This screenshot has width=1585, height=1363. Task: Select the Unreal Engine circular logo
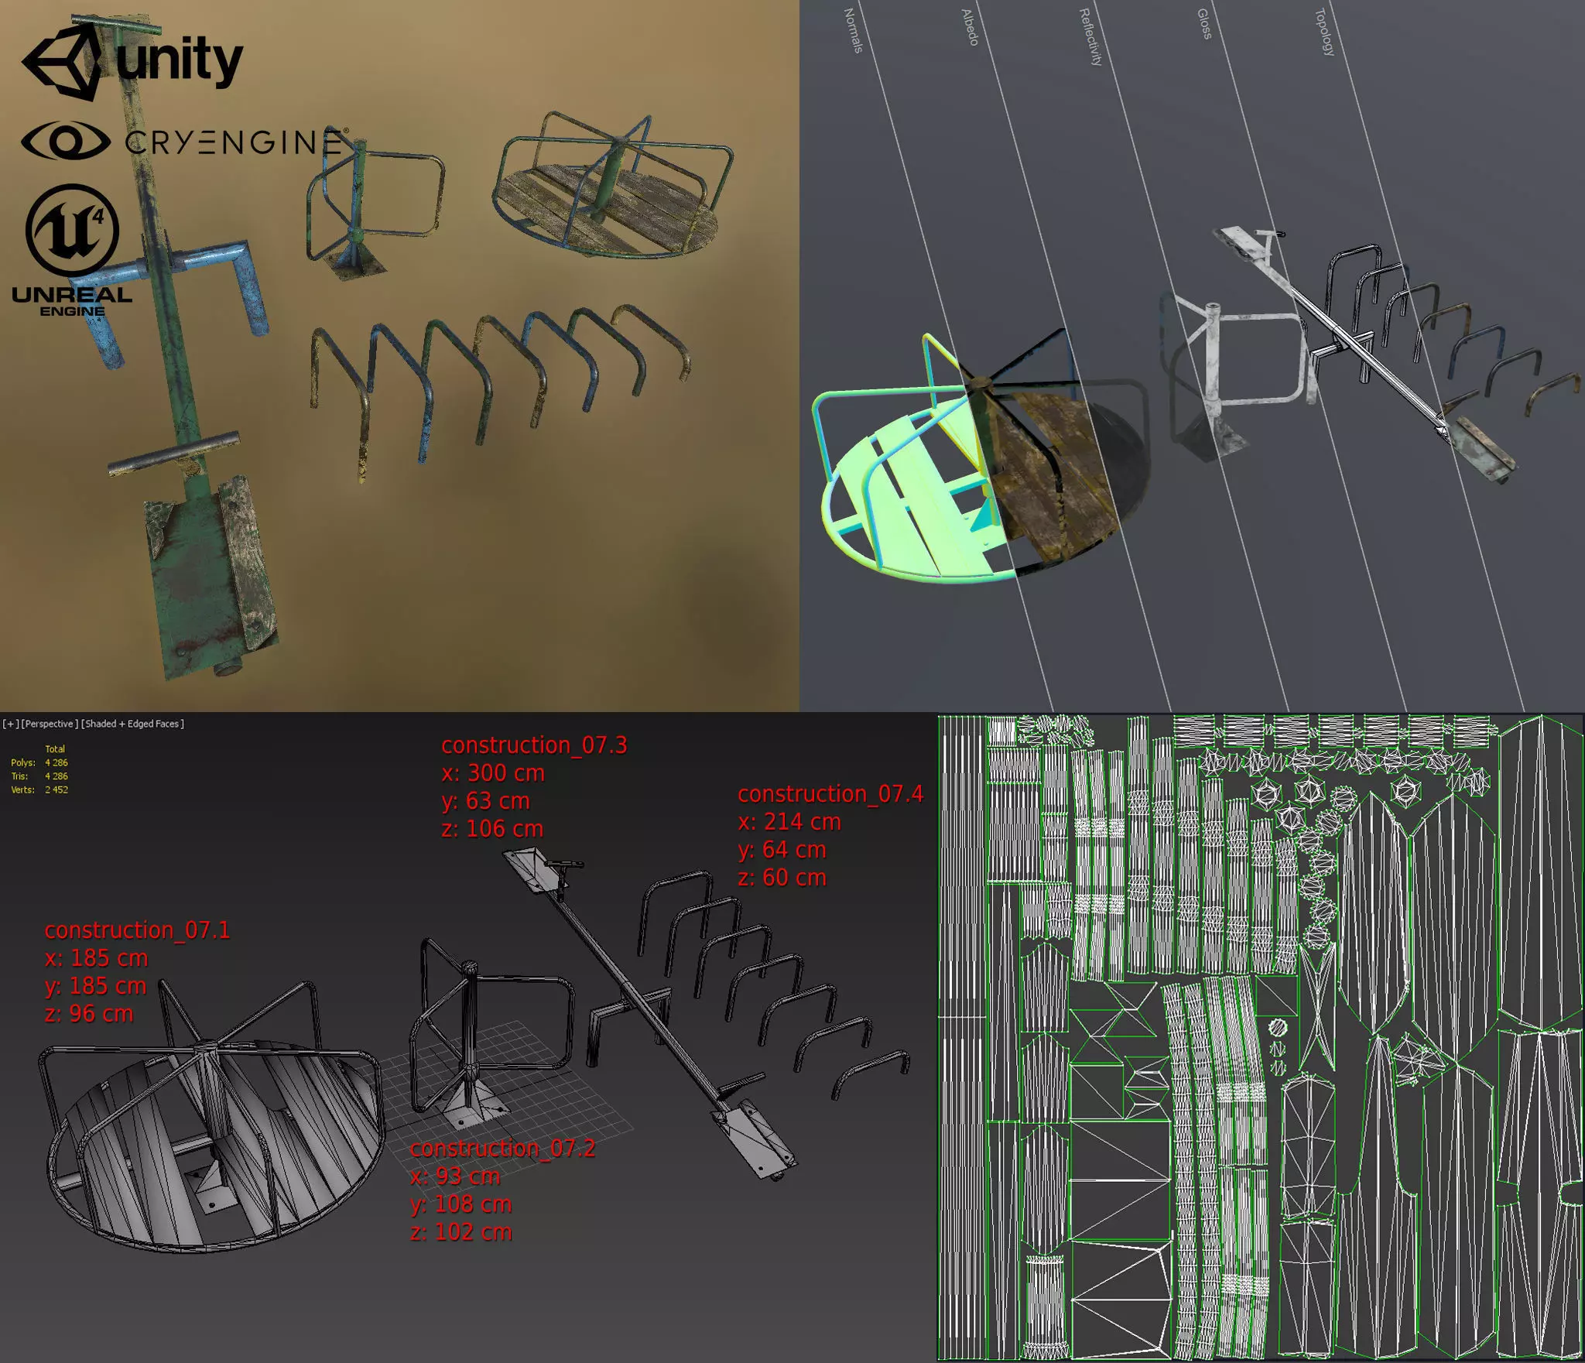click(72, 230)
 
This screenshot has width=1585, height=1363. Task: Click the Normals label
click(852, 31)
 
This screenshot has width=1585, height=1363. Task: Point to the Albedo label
click(970, 28)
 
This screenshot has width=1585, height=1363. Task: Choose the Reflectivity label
click(1090, 37)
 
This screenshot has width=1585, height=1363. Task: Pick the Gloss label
click(1204, 24)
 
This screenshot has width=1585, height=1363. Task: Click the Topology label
click(1325, 33)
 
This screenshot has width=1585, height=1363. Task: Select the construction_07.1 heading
click(137, 930)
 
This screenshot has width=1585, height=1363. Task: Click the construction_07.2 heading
click(502, 1148)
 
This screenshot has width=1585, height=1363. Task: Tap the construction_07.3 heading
click(534, 745)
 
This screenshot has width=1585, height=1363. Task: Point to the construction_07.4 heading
click(830, 794)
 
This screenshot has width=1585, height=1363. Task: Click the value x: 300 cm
click(493, 773)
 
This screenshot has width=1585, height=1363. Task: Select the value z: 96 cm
click(89, 1014)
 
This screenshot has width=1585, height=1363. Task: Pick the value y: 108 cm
click(461, 1204)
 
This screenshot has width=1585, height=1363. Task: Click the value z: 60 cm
click(782, 878)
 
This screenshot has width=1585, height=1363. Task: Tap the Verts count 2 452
click(56, 790)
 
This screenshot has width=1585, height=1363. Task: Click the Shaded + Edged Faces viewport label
click(133, 724)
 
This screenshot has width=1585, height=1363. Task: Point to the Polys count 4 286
click(56, 762)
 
